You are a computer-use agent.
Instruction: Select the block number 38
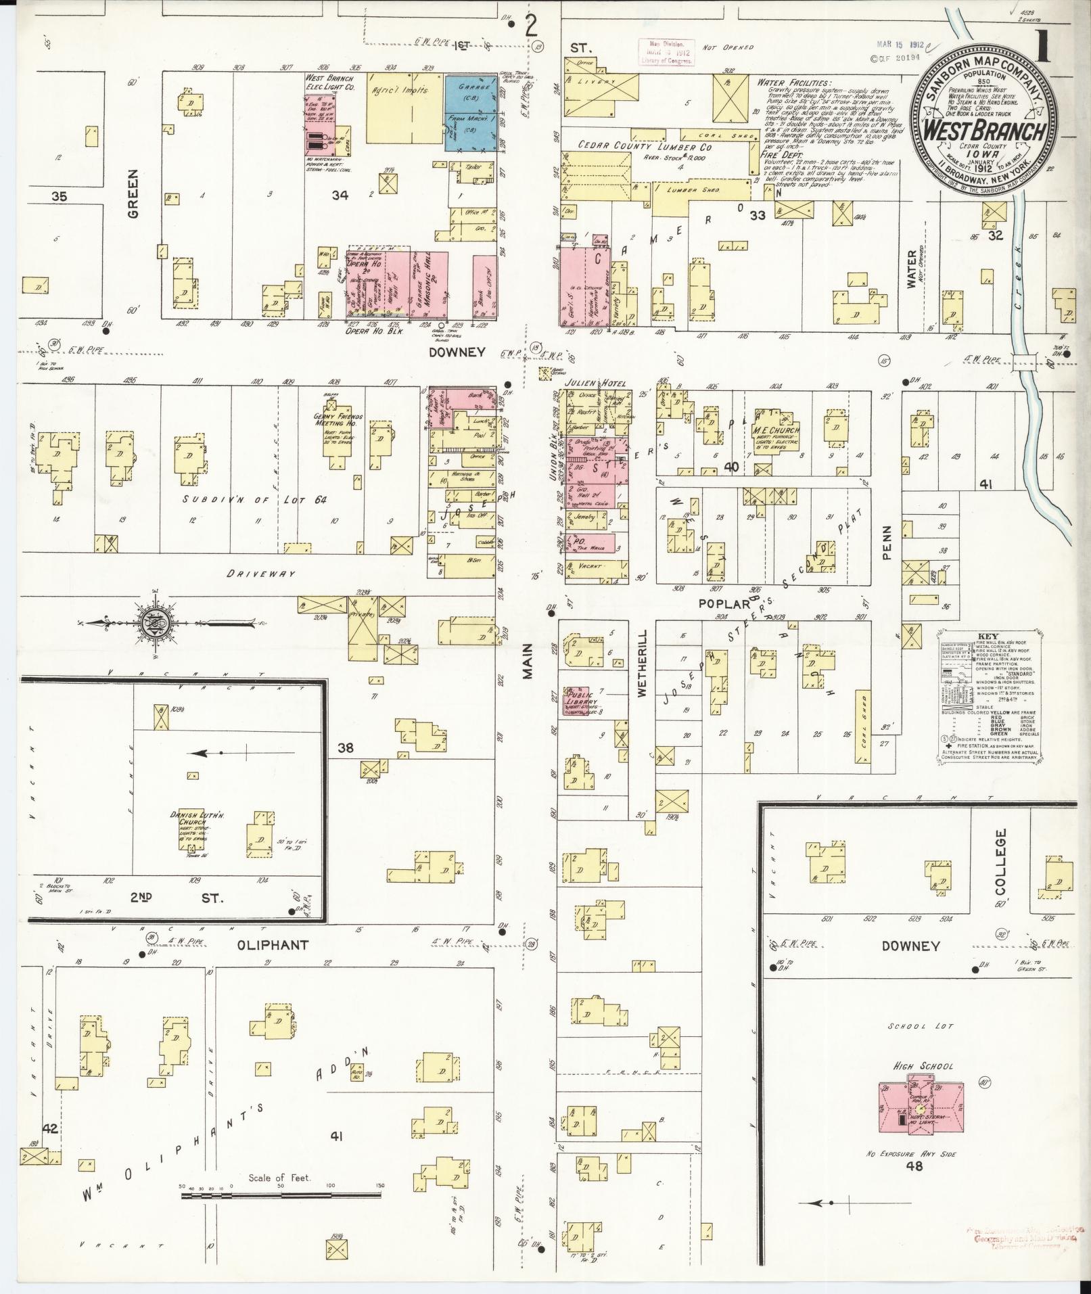346,748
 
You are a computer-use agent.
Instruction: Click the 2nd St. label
175,897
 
